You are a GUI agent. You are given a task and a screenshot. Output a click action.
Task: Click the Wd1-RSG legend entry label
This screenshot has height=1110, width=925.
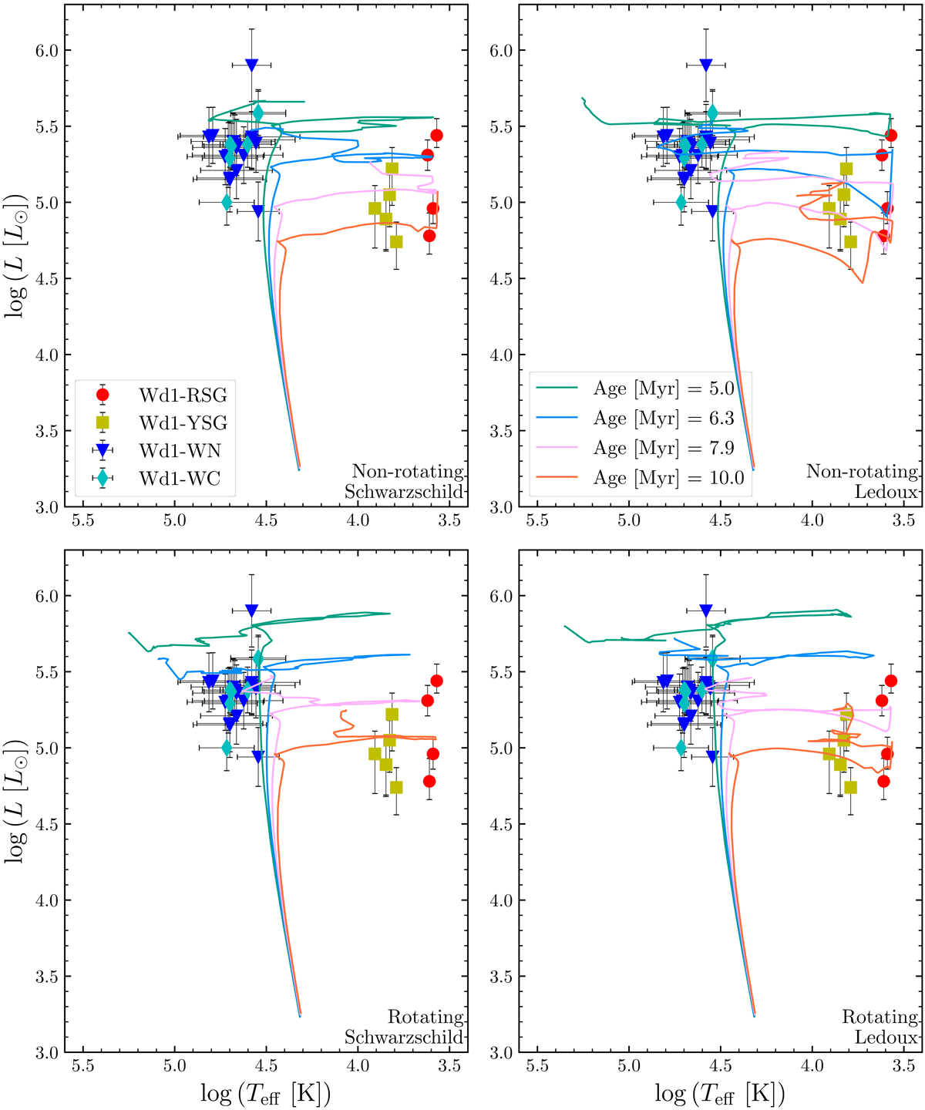[x=183, y=395]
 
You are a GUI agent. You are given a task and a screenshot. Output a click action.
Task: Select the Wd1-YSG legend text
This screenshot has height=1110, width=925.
[x=183, y=423]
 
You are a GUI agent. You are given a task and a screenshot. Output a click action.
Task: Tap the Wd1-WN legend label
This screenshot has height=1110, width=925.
[x=180, y=451]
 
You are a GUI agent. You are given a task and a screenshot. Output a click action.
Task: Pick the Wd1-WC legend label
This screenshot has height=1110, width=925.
[x=180, y=479]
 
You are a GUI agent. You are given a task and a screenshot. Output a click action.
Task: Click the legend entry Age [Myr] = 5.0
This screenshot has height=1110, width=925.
[x=663, y=388]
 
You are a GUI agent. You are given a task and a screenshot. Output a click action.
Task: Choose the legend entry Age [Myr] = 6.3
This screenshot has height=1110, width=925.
[x=663, y=419]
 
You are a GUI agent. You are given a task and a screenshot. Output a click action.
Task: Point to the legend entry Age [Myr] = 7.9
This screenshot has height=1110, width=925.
[x=663, y=448]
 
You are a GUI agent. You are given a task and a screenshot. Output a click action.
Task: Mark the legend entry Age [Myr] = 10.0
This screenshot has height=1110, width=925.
[x=668, y=478]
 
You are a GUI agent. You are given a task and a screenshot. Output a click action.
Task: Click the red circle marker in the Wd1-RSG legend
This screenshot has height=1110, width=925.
[x=103, y=395]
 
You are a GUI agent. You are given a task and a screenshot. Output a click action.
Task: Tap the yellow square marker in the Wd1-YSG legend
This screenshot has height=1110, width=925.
[x=103, y=422]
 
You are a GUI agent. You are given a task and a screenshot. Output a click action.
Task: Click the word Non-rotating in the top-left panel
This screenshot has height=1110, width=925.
[x=408, y=472]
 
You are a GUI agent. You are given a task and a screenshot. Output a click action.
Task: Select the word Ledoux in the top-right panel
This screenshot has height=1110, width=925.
[x=886, y=492]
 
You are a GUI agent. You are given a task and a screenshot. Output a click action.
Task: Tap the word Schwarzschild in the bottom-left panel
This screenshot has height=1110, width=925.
[x=404, y=1038]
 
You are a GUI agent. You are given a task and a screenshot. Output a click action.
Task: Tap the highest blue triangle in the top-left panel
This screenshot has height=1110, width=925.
[x=251, y=66]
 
